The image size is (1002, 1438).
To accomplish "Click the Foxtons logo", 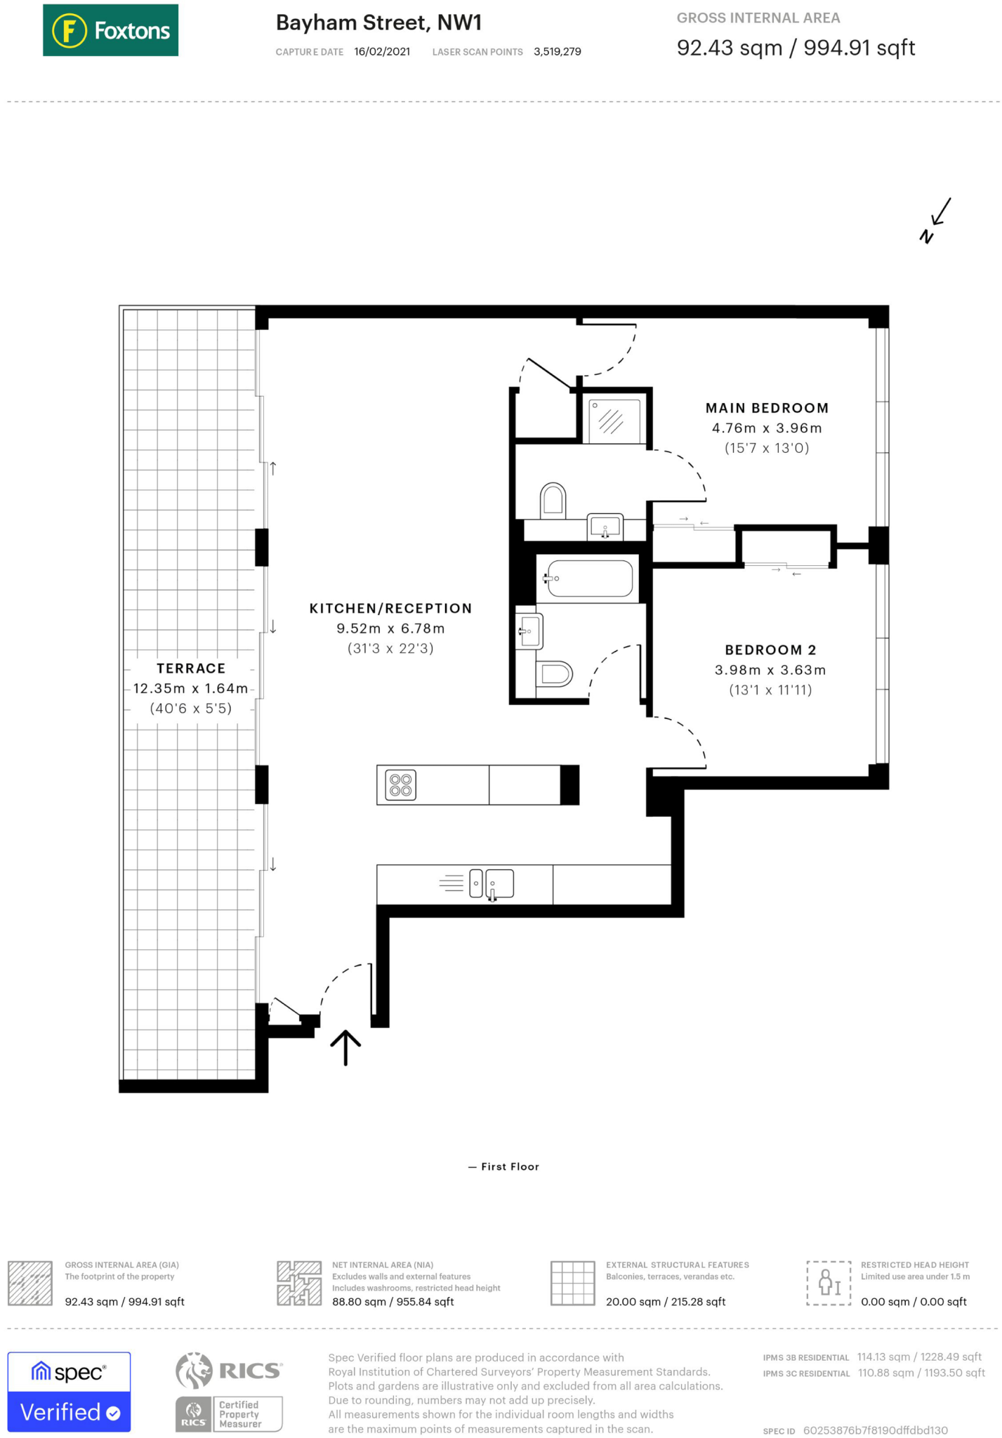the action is [110, 30].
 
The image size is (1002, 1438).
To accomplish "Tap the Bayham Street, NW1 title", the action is [378, 23].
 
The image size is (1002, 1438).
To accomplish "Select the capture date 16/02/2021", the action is [382, 52].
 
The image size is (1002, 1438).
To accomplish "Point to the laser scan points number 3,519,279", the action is [557, 52].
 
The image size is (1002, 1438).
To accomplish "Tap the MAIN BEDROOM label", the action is [767, 408].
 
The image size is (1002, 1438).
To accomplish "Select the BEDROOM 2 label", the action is [770, 650].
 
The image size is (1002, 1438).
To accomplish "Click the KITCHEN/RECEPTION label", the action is [390, 609].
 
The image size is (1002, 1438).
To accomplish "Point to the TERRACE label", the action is [191, 668].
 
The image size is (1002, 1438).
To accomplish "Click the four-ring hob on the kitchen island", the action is [400, 785].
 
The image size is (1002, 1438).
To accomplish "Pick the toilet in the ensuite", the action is [553, 500].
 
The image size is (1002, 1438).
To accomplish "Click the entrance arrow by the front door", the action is [345, 1048].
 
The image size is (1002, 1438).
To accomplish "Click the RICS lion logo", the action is [194, 1371].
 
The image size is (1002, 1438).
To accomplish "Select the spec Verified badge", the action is [69, 1392].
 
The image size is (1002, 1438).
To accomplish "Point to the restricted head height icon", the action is [829, 1283].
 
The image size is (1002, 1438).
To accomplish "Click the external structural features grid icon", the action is [573, 1283].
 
